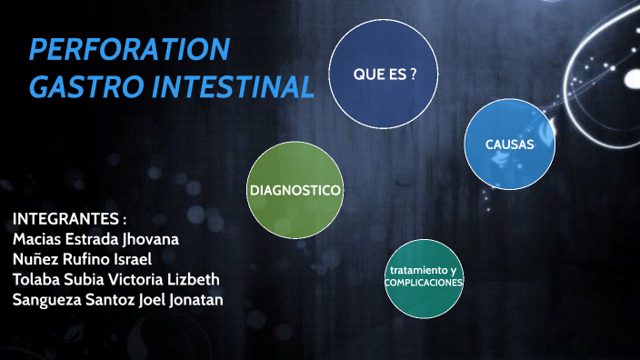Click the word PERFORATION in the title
pyautogui.click(x=129, y=50)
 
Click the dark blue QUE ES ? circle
pyautogui.click(x=385, y=74)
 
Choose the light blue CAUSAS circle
pyautogui.click(x=509, y=145)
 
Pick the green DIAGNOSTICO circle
pyautogui.click(x=295, y=190)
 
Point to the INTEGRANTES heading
pyautogui.click(x=69, y=220)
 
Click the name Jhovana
pyautogui.click(x=146, y=240)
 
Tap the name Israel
pyautogui.click(x=139, y=260)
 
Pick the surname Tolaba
pyautogui.click(x=37, y=280)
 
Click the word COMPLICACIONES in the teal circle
pyautogui.click(x=424, y=283)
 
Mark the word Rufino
pyautogui.click(x=89, y=260)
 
